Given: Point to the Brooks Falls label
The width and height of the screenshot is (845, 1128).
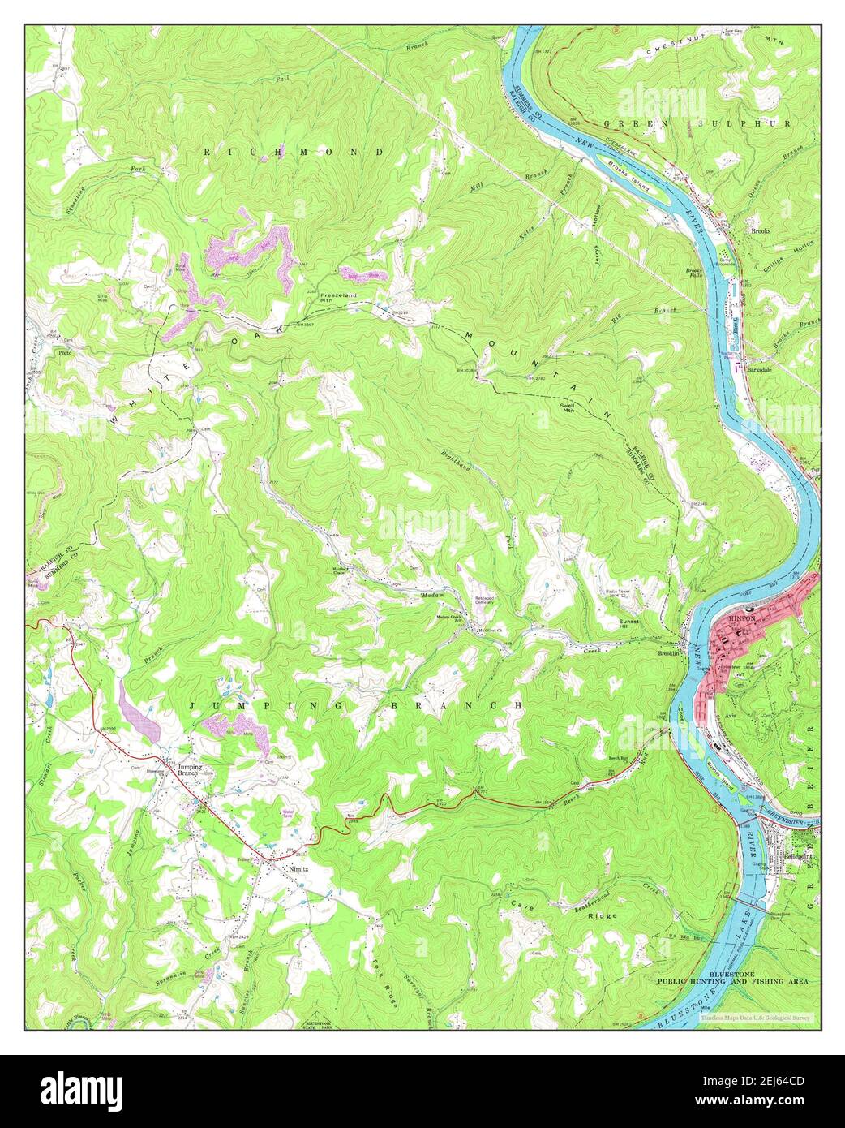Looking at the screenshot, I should pos(694,273).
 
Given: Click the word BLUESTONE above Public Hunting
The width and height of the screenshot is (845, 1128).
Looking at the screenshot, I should pos(734,972).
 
